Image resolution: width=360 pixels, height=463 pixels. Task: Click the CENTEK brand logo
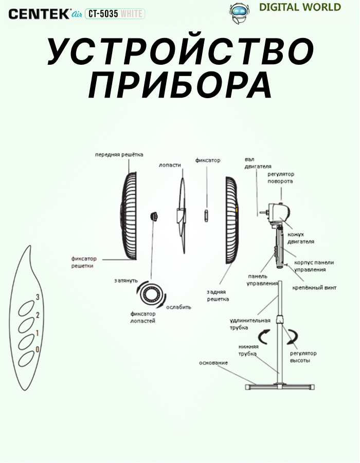click(x=39, y=14)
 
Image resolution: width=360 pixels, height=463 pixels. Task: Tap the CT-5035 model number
click(x=102, y=14)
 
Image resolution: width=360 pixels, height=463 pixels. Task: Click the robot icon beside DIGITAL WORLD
click(x=238, y=11)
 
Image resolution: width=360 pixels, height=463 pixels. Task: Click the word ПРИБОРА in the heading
click(x=180, y=85)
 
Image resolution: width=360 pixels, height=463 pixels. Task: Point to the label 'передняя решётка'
click(x=119, y=155)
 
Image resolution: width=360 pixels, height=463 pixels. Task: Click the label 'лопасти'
click(x=170, y=165)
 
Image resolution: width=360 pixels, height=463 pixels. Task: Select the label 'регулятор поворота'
click(x=280, y=178)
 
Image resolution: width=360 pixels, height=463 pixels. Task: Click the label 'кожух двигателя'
click(x=301, y=238)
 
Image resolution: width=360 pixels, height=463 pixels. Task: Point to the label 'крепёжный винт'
click(x=314, y=288)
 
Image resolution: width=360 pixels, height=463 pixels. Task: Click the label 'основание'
click(x=213, y=363)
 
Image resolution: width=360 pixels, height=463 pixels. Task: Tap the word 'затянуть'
click(x=125, y=281)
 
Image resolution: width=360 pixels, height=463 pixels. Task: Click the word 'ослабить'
click(x=178, y=307)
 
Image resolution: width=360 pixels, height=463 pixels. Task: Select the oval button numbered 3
click(x=25, y=309)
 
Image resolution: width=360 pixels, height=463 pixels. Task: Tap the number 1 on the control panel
click(x=37, y=333)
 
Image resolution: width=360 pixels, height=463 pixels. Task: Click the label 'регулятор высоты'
click(x=303, y=357)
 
